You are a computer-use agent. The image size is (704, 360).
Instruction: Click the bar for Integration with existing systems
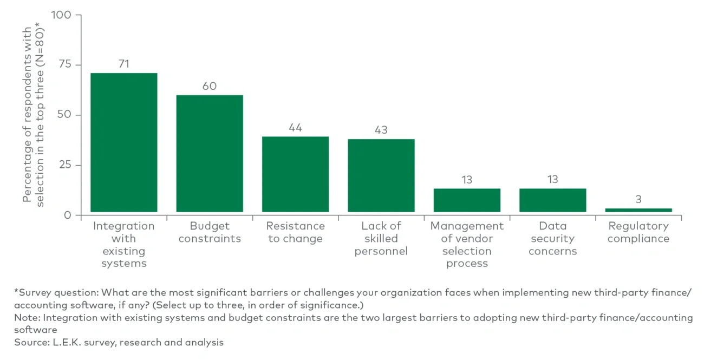(x=123, y=142)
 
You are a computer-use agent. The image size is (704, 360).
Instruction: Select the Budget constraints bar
(x=210, y=153)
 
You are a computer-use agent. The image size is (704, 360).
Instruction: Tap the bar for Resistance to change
(x=295, y=174)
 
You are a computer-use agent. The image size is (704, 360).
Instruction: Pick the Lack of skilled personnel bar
(x=381, y=175)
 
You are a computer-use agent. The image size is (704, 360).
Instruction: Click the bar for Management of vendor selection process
(x=467, y=200)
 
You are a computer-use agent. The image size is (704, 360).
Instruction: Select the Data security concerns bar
(x=552, y=200)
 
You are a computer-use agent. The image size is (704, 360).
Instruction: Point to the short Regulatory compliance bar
(x=638, y=210)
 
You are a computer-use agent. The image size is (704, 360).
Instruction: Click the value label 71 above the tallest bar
(x=123, y=64)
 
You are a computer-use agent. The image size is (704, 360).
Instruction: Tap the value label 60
(x=210, y=86)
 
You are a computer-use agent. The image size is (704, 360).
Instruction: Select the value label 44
(x=295, y=128)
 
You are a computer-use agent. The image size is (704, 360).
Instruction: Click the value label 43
(x=381, y=130)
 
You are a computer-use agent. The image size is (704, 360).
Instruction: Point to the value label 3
(x=638, y=199)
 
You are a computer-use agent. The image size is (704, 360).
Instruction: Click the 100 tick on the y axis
(x=61, y=15)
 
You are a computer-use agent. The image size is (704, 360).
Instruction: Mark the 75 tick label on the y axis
(x=64, y=65)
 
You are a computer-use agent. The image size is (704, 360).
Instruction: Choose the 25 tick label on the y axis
(x=64, y=165)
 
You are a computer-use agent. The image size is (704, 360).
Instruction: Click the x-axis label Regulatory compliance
(x=638, y=232)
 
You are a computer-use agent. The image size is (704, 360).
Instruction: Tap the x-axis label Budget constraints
(x=210, y=232)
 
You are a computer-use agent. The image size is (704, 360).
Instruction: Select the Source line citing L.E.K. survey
(x=119, y=342)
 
